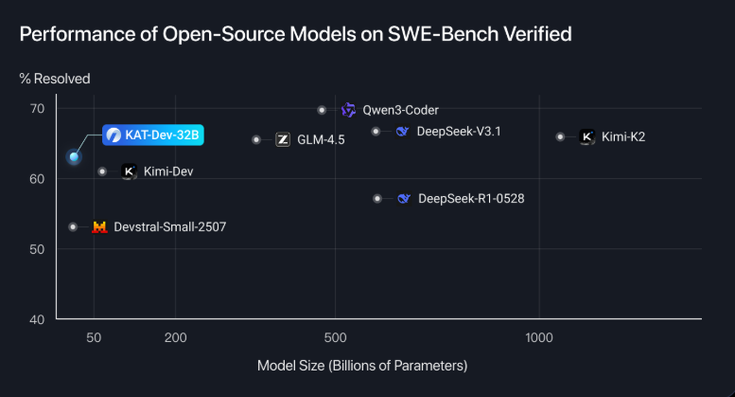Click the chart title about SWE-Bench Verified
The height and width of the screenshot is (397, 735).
pyautogui.click(x=295, y=35)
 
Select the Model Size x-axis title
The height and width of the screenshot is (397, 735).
pyautogui.click(x=362, y=365)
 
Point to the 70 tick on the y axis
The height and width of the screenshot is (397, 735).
pyautogui.click(x=37, y=109)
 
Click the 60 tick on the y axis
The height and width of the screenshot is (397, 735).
pyautogui.click(x=37, y=179)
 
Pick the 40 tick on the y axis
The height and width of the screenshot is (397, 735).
pyautogui.click(x=37, y=319)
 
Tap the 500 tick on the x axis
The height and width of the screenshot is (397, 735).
pyautogui.click(x=337, y=338)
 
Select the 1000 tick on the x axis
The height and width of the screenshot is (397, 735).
pyautogui.click(x=538, y=338)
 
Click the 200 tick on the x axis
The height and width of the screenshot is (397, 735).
pyautogui.click(x=175, y=338)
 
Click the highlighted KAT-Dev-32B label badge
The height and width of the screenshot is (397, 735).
pyautogui.click(x=152, y=135)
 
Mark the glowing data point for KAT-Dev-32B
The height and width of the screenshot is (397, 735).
pyautogui.click(x=74, y=156)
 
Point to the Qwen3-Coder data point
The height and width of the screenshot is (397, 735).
pyautogui.click(x=323, y=110)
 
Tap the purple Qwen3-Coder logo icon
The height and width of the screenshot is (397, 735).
pyautogui.click(x=348, y=110)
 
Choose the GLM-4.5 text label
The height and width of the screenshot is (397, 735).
pyautogui.click(x=321, y=140)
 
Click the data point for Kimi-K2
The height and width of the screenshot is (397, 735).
pyautogui.click(x=561, y=136)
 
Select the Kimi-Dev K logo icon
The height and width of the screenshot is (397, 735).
pyautogui.click(x=129, y=172)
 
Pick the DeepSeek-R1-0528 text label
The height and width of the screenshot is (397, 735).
pyautogui.click(x=471, y=199)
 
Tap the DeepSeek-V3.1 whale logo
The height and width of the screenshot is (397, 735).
pyautogui.click(x=402, y=132)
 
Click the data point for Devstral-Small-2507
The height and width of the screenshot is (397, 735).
pyautogui.click(x=73, y=226)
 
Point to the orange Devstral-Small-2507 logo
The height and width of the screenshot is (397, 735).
pyautogui.click(x=99, y=227)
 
